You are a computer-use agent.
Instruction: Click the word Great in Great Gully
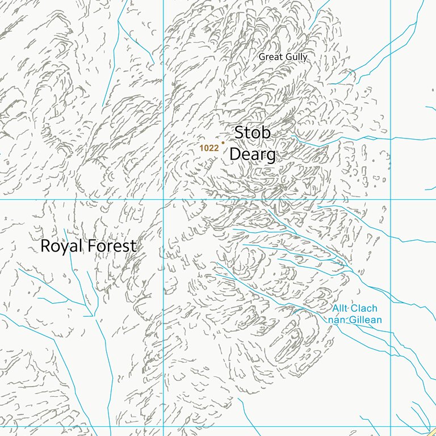[270, 57]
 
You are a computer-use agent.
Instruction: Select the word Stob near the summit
[253, 133]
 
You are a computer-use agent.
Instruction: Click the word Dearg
[253, 154]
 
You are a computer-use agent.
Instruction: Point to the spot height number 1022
[209, 148]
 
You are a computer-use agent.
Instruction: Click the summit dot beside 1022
[223, 143]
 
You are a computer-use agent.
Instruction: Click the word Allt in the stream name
[339, 309]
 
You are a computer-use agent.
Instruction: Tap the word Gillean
[364, 320]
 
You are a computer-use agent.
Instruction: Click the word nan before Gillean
[336, 320]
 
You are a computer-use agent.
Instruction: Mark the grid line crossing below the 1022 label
[163, 199]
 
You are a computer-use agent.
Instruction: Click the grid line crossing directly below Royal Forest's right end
[163, 426]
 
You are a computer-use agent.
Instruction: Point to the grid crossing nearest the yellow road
[391, 426]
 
